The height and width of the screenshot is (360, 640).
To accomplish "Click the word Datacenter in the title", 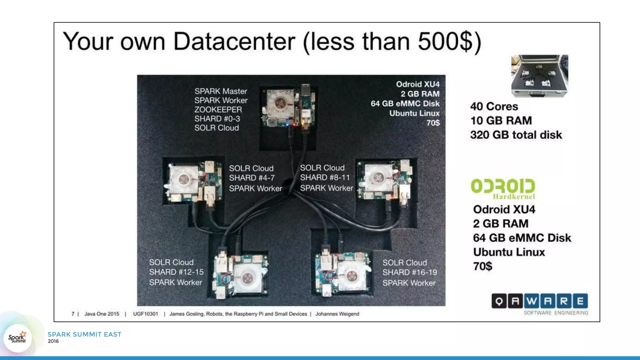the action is coord(234,42).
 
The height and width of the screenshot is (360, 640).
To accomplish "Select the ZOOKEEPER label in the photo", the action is coord(218,110).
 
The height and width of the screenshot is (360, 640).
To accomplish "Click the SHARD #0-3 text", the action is coord(217,119).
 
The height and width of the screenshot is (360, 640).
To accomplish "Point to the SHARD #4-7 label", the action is coord(252,178).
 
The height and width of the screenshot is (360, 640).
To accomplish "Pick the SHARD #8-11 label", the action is coord(325,177).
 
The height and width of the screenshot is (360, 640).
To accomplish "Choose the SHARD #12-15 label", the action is coord(176,272).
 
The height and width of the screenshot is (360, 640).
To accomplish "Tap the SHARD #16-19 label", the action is coord(410,272).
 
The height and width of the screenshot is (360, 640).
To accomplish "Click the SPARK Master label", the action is coord(221,91).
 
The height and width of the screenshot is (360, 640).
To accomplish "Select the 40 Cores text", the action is coord(494,107).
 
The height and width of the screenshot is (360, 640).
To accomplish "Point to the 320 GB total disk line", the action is coord(516,135).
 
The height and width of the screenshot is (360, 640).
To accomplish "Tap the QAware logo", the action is coord(539,301).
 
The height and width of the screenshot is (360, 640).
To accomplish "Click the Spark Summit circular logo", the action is coord(17,338).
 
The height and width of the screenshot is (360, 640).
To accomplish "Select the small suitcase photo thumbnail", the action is coord(539,76).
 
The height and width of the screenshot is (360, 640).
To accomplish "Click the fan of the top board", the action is coord(280,102).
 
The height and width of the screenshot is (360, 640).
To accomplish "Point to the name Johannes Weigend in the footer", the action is coord(337,314).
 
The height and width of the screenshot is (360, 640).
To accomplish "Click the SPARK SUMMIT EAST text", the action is coord(84,334).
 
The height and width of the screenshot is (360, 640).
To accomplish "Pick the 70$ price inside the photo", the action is coord(433,123).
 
